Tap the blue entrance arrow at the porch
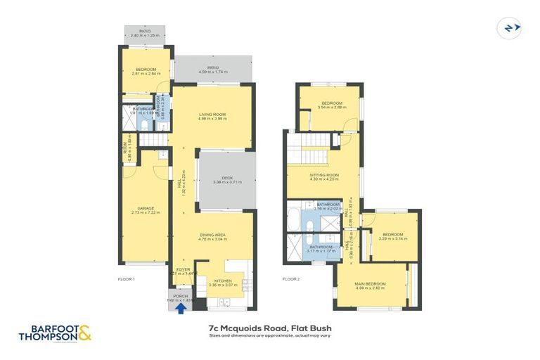(x=181, y=306)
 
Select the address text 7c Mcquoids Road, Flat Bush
(x=270, y=328)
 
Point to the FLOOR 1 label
(x=126, y=279)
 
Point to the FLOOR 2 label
(x=291, y=279)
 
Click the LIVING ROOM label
(x=212, y=114)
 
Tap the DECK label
(x=227, y=177)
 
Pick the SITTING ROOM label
(x=324, y=174)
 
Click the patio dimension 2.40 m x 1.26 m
(x=144, y=35)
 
